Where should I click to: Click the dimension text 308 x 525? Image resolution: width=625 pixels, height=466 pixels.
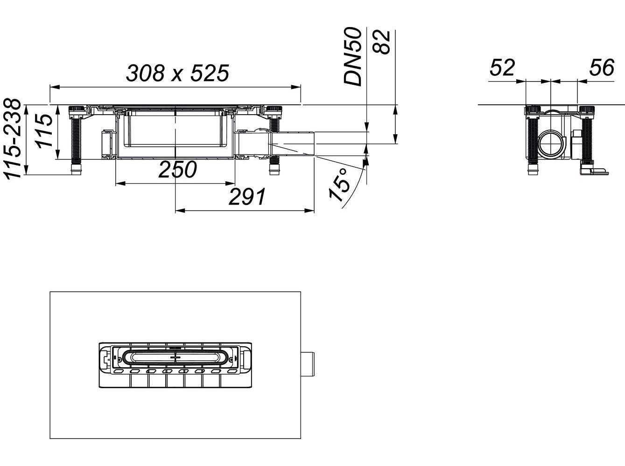tap(177, 73)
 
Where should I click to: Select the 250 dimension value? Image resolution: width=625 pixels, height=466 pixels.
tap(177, 170)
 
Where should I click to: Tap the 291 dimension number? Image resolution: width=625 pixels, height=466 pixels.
tap(247, 198)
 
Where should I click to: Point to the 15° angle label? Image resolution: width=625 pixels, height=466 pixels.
tap(340, 185)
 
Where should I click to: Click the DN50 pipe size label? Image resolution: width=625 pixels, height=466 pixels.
tap(353, 56)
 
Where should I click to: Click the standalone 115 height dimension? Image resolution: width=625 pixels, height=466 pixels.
tap(45, 131)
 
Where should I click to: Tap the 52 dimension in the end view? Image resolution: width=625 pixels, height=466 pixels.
tap(502, 68)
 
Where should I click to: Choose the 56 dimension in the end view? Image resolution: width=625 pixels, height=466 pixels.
tap(601, 68)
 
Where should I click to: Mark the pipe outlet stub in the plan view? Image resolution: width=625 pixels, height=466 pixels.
tap(308, 365)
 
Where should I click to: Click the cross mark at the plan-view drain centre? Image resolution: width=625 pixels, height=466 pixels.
tap(176, 358)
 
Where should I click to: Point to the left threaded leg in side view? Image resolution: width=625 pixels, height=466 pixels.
tap(76, 140)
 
